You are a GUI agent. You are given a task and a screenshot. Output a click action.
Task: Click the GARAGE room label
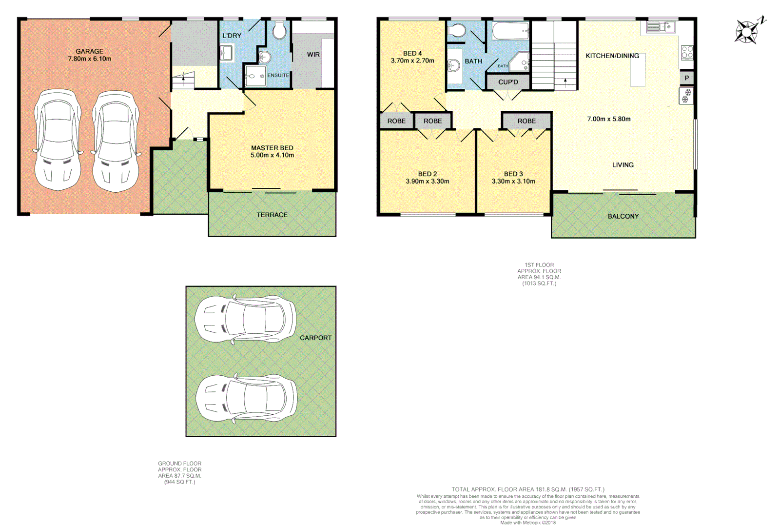tap(89, 51)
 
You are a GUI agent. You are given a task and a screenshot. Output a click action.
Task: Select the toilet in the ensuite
tap(279, 32)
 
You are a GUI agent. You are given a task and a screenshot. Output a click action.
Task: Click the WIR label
tap(313, 55)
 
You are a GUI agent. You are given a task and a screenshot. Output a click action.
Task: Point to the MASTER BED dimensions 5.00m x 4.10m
tap(272, 155)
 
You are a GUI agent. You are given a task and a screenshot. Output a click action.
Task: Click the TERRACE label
tap(272, 215)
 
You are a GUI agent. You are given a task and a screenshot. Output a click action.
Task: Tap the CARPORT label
tap(315, 338)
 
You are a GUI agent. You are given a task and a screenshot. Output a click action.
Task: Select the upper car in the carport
tap(245, 320)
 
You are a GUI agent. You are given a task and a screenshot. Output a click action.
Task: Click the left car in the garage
tap(58, 140)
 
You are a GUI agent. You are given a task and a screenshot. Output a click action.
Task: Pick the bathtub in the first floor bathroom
tap(510, 31)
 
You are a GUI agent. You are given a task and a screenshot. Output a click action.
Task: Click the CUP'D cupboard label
tap(508, 82)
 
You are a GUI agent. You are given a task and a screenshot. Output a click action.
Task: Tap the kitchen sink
tap(661, 27)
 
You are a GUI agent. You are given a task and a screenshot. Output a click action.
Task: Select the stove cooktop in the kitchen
tap(687, 52)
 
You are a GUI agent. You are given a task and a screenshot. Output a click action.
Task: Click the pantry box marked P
tap(687, 78)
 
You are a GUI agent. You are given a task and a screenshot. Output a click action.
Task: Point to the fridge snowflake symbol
tap(686, 96)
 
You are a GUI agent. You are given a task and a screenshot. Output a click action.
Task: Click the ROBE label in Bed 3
tap(526, 121)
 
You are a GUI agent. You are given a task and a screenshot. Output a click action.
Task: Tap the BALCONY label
tap(623, 216)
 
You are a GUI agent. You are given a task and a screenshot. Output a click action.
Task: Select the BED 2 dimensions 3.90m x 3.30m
tap(428, 181)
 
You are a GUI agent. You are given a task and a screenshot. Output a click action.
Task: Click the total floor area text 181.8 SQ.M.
tap(528, 489)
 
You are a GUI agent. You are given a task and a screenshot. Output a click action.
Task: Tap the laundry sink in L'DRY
tap(226, 53)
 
